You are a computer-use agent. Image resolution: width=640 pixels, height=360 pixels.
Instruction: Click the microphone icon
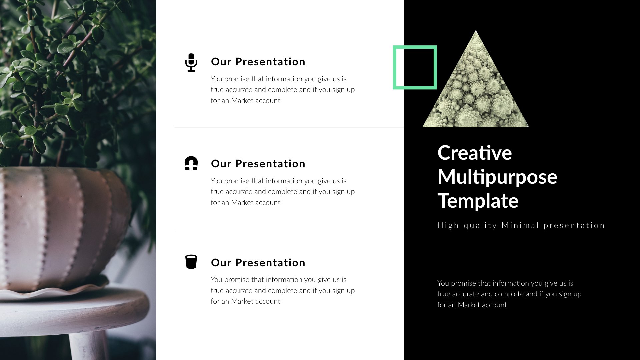click(191, 62)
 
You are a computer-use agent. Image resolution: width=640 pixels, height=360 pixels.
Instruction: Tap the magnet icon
click(191, 163)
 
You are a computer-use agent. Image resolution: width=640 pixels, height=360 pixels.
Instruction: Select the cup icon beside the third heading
click(191, 262)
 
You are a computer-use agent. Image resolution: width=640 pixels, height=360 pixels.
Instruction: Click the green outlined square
click(415, 47)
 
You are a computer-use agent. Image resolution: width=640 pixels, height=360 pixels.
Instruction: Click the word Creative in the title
click(474, 153)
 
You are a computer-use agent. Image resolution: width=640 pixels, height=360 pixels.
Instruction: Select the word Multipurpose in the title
click(497, 177)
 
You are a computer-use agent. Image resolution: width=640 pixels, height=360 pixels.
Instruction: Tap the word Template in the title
click(478, 201)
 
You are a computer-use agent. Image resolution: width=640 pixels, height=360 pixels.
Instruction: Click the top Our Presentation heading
click(258, 62)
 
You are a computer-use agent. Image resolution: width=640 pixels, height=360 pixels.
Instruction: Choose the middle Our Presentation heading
click(258, 164)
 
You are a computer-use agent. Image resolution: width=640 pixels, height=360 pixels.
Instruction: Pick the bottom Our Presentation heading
click(258, 263)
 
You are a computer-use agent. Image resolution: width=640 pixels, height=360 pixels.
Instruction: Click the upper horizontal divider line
click(288, 128)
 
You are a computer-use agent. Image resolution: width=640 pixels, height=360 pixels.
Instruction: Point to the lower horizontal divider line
click(288, 231)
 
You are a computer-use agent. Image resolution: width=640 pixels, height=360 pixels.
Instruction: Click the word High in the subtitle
click(448, 226)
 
